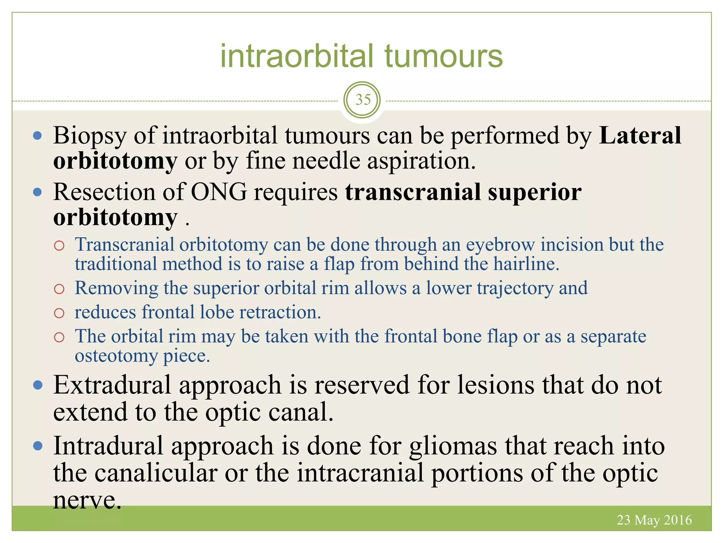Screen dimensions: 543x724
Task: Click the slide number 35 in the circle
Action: [362, 100]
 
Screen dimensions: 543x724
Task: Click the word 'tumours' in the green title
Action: [443, 57]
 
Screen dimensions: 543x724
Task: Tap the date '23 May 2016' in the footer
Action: [654, 520]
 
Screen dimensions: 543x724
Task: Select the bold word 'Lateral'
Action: [640, 136]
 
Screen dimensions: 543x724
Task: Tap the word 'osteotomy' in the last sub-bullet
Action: [116, 356]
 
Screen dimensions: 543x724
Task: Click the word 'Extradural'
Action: [112, 385]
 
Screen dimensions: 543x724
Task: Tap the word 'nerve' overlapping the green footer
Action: [87, 500]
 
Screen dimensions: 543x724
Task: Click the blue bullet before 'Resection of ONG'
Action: [37, 192]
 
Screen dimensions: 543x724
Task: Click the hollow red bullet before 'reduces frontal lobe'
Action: [59, 313]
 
